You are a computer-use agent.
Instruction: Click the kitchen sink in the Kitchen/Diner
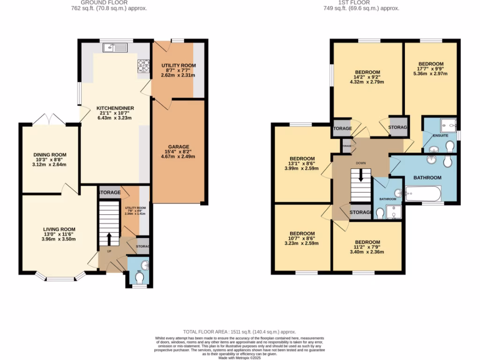click(114, 46)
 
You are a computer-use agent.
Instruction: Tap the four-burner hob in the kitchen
click(143, 66)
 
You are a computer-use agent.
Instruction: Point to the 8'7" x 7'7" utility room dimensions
click(179, 70)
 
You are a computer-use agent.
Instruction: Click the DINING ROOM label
click(49, 155)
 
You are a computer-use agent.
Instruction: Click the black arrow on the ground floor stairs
click(109, 238)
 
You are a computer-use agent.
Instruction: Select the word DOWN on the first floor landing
click(360, 164)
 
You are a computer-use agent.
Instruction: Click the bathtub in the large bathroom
click(423, 193)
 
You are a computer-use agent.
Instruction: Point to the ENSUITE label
click(440, 136)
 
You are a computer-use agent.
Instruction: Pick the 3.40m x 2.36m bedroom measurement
click(367, 252)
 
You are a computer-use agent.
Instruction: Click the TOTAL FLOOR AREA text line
click(240, 331)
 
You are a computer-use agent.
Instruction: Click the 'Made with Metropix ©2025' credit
click(240, 358)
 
